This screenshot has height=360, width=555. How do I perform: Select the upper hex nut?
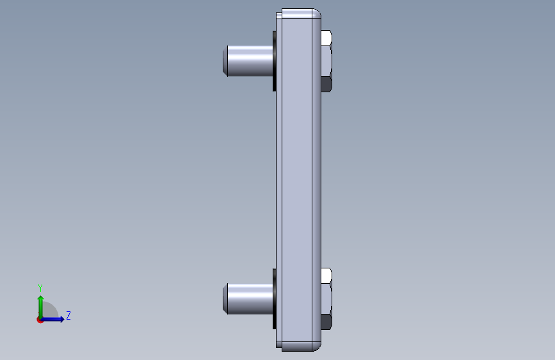326,61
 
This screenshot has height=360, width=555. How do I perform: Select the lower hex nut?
326,299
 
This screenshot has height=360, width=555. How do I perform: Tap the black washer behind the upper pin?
275,61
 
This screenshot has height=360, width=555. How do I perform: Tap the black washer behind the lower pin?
275,299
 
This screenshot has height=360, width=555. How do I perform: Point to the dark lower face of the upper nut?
326,85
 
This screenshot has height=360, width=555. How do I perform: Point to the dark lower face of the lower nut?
326,322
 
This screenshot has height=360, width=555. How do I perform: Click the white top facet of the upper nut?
326,38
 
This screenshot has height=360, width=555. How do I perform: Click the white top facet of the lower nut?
326,275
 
